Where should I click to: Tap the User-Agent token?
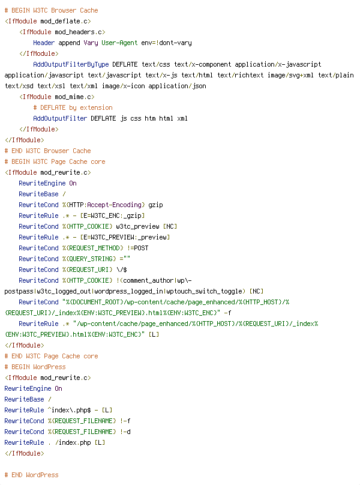click(119, 43)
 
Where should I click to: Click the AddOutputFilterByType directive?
click(71, 64)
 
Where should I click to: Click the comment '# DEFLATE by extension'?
click(73, 107)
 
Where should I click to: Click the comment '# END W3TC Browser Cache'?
click(47, 151)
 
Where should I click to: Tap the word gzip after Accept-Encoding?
click(155, 205)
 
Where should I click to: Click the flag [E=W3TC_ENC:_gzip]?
click(112, 215)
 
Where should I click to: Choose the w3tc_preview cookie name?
click(137, 226)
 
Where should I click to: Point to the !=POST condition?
click(137, 248)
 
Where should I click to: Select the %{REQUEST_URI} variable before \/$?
click(87, 270)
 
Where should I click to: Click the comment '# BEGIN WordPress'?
click(35, 367)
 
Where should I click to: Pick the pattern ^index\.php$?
click(69, 410)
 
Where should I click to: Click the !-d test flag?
click(125, 432)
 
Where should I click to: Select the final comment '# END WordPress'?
click(32, 475)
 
